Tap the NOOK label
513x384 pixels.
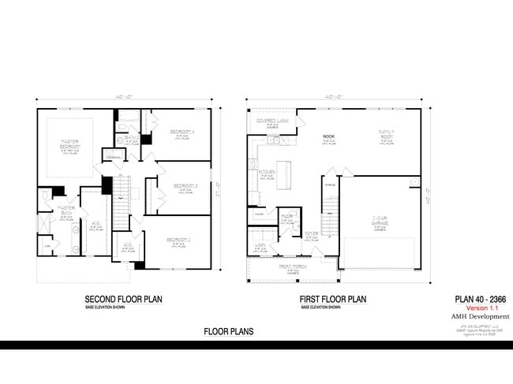point(329,136)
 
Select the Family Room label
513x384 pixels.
point(387,134)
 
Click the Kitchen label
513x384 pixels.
point(266,173)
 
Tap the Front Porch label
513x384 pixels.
point(292,267)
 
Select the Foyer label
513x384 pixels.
point(312,233)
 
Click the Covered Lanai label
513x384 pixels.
point(271,121)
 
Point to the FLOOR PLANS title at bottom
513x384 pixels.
point(229,332)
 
